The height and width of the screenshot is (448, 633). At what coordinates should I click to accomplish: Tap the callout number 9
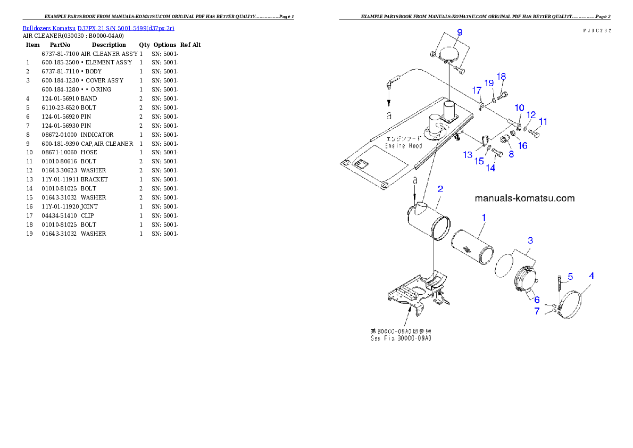tap(460, 31)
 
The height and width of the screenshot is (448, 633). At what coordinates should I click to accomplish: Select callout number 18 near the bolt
tap(501, 76)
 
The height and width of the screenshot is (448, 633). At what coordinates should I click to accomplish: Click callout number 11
tap(543, 122)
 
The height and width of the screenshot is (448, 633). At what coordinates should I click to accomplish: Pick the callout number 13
tap(468, 155)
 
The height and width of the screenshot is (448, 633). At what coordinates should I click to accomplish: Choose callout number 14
tap(490, 168)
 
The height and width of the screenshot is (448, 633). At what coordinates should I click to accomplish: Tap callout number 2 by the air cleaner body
tap(440, 189)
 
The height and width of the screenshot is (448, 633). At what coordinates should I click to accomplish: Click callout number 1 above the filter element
tap(484, 217)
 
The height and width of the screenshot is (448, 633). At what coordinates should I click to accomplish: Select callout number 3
tap(530, 240)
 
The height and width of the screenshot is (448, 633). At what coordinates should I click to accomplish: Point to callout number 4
tap(592, 276)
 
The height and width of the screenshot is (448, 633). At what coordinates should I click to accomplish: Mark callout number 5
tap(570, 276)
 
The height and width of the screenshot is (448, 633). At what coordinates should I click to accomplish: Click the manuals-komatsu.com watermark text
tap(524, 198)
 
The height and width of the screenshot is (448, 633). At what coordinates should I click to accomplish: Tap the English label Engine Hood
tap(403, 146)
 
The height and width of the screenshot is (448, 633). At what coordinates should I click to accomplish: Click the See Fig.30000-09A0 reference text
tap(401, 338)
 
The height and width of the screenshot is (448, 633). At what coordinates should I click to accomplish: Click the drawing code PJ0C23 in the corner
tap(596, 30)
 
